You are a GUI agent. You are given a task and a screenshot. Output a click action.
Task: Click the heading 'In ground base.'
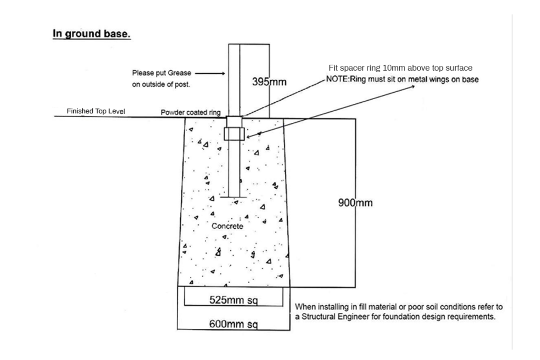tap(91, 34)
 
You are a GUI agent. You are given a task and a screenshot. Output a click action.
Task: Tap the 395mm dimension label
tap(269, 82)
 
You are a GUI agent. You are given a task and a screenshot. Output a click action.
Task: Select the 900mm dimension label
tap(355, 202)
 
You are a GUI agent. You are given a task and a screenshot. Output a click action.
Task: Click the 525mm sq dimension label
tap(234, 300)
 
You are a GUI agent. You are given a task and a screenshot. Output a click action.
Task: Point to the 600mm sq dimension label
tap(234, 324)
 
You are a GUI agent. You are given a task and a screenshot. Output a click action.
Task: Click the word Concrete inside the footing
tap(227, 226)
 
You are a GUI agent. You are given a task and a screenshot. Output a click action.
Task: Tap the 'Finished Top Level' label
tap(96, 111)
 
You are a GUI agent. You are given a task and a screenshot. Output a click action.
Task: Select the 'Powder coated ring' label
tap(190, 112)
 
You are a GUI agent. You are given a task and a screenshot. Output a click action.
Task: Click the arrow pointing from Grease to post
tap(210, 73)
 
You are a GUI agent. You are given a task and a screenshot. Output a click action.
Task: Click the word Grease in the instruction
tap(179, 73)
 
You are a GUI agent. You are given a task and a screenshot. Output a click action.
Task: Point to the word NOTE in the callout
tap(337, 79)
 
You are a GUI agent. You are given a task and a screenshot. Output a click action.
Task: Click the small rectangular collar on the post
tap(234, 133)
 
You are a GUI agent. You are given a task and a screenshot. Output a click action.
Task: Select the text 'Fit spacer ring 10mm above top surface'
tap(401, 68)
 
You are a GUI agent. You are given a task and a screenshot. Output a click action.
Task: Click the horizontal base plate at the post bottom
tap(234, 197)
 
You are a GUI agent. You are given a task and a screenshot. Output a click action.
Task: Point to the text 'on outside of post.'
tap(161, 84)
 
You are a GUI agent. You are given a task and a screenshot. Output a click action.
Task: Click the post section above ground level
tap(249, 81)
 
